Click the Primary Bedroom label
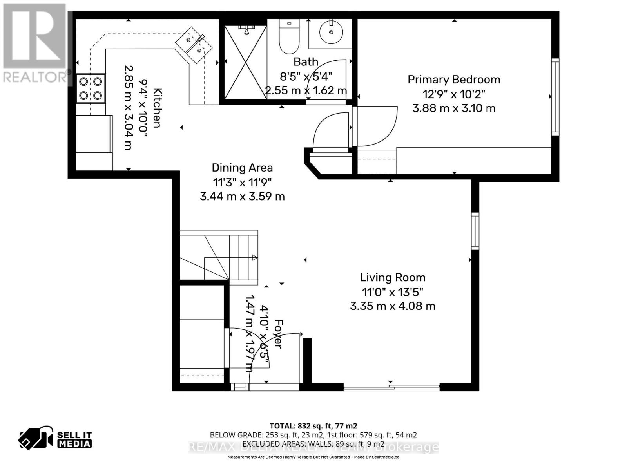click(x=454, y=80)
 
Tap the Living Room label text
click(x=393, y=278)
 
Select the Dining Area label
click(x=242, y=168)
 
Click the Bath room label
click(x=306, y=62)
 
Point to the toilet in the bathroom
click(x=289, y=37)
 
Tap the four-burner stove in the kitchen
click(x=91, y=89)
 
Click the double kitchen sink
click(x=194, y=45)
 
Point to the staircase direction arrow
click(x=254, y=257)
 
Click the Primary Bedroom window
click(x=555, y=97)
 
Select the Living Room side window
click(x=475, y=231)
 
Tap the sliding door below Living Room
click(x=391, y=388)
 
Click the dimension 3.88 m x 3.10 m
click(x=454, y=108)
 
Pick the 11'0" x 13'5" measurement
click(x=393, y=292)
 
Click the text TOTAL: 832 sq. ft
click(x=313, y=426)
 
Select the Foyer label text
click(x=278, y=333)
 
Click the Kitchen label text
click(x=157, y=108)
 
